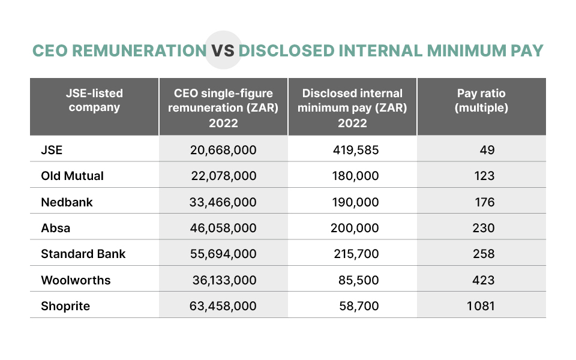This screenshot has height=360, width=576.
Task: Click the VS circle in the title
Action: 222,50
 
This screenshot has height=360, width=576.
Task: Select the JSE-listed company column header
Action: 94,101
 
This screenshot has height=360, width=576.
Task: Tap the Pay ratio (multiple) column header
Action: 481,101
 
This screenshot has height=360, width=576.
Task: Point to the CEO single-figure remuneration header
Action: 223,107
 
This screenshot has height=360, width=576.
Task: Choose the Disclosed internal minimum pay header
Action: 352,107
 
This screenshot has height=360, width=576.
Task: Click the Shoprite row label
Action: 65,306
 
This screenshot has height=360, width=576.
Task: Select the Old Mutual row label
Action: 72,176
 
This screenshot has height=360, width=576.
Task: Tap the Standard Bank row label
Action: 83,254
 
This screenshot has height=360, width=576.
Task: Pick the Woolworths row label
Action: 76,280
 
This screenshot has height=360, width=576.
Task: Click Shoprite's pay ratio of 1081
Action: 480,306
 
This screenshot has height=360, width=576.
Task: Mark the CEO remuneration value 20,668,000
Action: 223,150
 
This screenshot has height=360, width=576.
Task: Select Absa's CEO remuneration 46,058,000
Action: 223,228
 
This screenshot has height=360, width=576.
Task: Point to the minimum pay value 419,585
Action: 356,150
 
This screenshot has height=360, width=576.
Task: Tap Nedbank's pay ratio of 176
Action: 484,202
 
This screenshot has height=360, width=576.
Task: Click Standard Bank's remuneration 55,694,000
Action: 223,254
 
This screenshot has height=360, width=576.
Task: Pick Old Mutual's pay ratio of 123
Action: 484,176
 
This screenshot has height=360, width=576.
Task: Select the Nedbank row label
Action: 67,202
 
